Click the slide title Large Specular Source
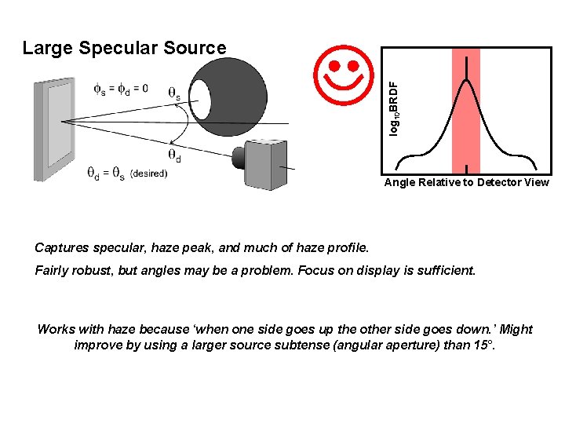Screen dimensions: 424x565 click(x=124, y=48)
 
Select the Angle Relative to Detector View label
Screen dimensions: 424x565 click(x=466, y=183)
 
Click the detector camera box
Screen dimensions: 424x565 click(x=270, y=163)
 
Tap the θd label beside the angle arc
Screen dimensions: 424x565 click(x=174, y=154)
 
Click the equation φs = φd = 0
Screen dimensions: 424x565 click(x=120, y=89)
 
